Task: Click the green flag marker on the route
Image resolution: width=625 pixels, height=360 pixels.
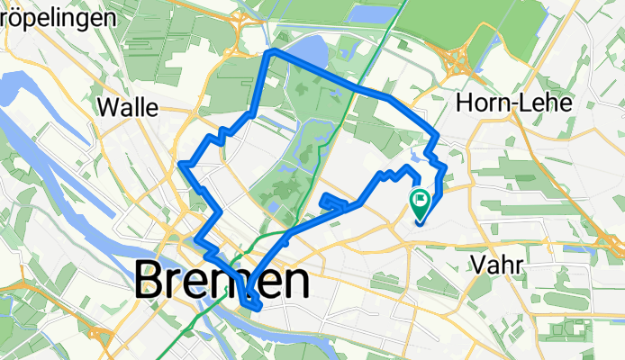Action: click(x=421, y=200)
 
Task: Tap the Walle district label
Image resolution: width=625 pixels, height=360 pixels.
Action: click(x=127, y=108)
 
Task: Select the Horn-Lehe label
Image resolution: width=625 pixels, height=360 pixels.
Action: click(x=515, y=103)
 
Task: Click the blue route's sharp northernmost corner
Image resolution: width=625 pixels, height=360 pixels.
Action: click(x=270, y=54)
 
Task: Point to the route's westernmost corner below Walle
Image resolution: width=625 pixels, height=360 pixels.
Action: click(x=182, y=164)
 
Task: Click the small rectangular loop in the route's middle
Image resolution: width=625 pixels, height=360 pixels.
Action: click(x=331, y=202)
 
